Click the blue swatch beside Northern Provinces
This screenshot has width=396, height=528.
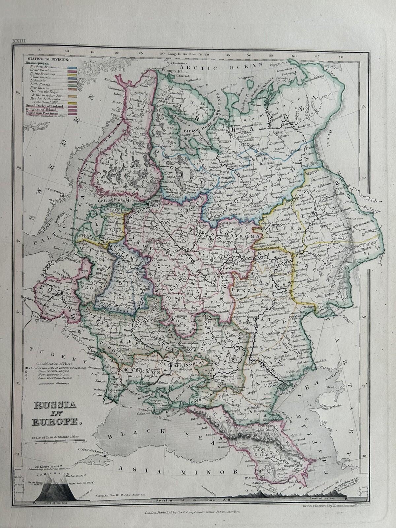point(72,67)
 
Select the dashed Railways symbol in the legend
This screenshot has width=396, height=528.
point(50,383)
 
